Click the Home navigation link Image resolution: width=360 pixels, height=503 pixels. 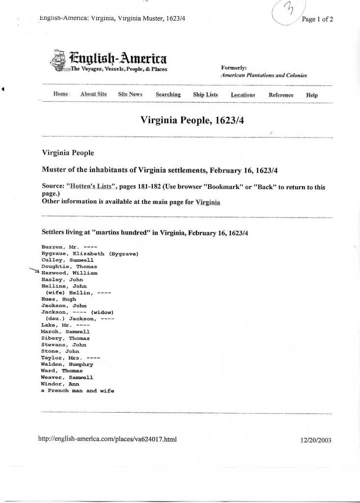(x=60, y=94)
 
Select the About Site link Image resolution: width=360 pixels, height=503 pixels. (x=93, y=94)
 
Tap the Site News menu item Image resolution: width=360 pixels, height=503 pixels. (x=130, y=94)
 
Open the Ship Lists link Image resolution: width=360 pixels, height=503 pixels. (x=205, y=95)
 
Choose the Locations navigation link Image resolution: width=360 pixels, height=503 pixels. (x=243, y=95)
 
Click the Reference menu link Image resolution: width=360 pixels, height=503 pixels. (x=281, y=95)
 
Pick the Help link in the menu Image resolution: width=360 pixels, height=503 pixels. (x=312, y=95)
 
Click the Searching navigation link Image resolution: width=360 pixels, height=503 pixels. (x=168, y=95)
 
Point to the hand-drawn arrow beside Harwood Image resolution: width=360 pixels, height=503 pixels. (x=35, y=271)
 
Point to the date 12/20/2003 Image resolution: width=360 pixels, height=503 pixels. (x=316, y=440)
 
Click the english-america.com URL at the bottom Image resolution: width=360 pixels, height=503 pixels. (x=107, y=439)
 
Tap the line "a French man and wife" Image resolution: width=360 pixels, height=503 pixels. (x=78, y=391)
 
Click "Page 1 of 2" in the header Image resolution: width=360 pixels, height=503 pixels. (x=317, y=19)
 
